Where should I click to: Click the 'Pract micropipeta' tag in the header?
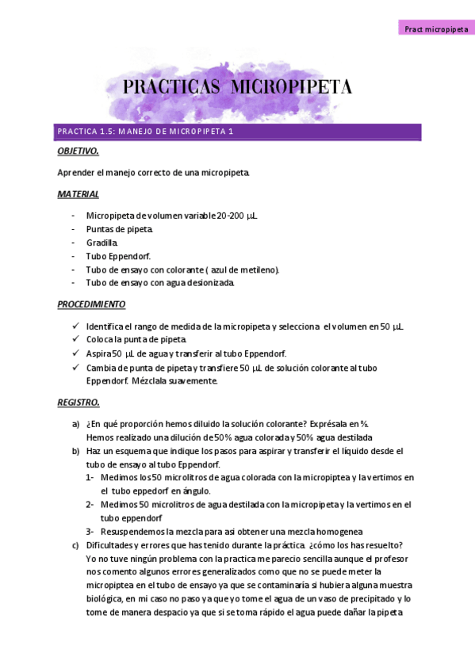(x=435, y=29)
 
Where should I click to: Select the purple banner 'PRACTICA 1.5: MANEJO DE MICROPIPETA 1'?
(x=238, y=132)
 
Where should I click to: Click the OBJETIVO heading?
(x=78, y=151)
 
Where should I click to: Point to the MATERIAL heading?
(x=78, y=194)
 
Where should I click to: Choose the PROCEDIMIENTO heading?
(x=91, y=304)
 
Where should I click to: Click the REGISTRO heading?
(x=79, y=403)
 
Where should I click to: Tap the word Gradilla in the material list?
(x=102, y=242)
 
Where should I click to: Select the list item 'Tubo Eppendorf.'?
(x=118, y=256)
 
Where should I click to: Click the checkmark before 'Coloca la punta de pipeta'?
(x=75, y=340)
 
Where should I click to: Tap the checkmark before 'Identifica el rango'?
(x=75, y=326)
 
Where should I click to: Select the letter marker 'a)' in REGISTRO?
(x=75, y=424)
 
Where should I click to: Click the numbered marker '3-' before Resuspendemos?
(x=90, y=531)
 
